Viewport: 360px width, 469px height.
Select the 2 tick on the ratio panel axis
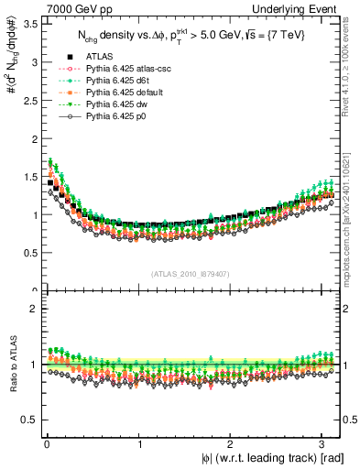point(36,308)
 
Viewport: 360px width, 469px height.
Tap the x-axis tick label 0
point(47,444)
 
